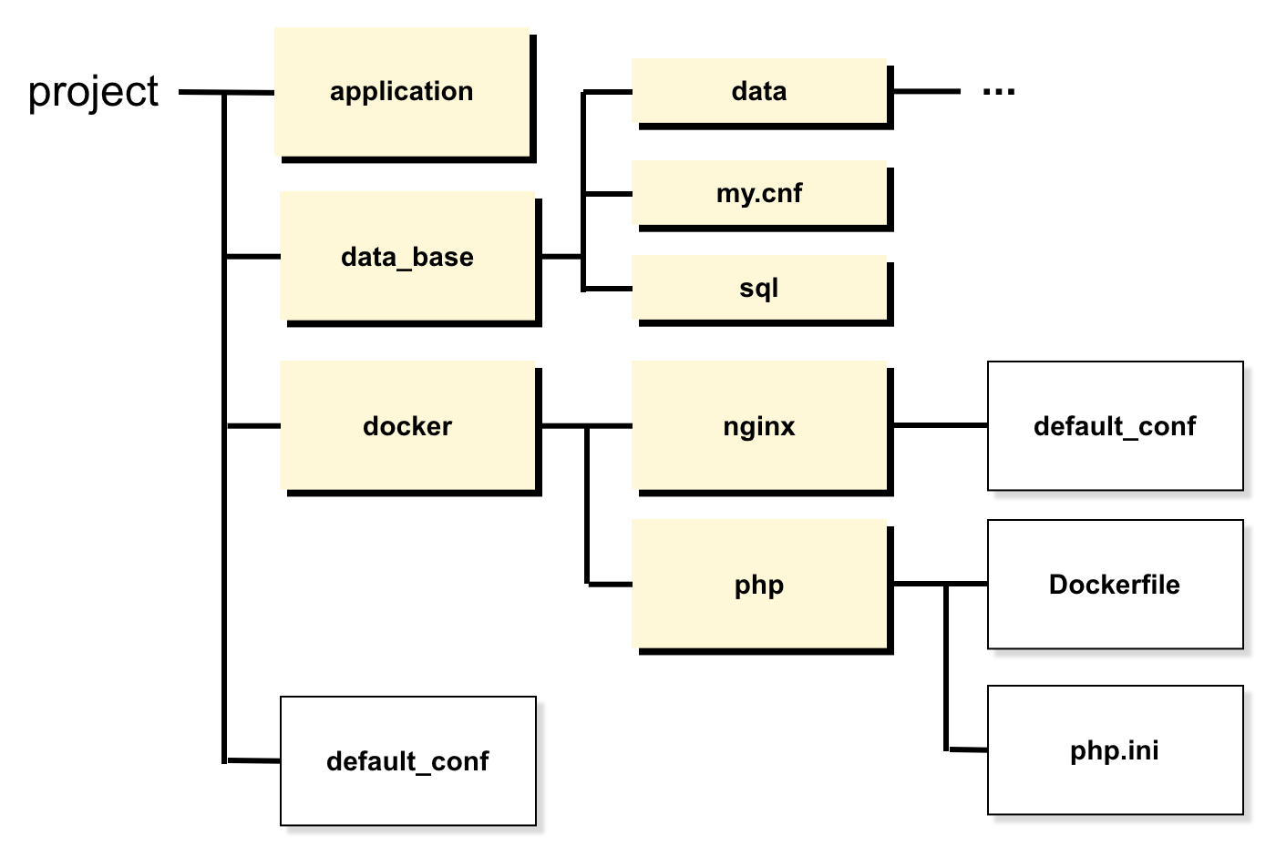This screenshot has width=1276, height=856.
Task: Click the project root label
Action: click(x=93, y=92)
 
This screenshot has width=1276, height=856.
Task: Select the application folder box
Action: click(x=402, y=92)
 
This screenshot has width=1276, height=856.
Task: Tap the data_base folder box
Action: click(x=407, y=257)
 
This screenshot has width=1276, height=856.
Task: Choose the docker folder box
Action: click(x=407, y=426)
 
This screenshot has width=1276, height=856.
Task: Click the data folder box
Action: click(x=759, y=91)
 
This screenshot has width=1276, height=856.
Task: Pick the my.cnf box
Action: click(x=759, y=193)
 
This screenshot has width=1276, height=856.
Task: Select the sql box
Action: click(x=759, y=289)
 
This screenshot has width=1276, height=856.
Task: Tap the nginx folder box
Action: click(x=759, y=426)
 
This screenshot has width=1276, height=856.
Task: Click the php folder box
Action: click(x=759, y=585)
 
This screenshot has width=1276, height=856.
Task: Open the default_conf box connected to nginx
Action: click(x=1115, y=426)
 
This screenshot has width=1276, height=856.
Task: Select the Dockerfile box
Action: click(x=1115, y=585)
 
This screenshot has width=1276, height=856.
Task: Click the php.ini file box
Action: click(x=1115, y=750)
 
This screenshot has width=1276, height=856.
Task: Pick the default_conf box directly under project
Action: click(x=407, y=761)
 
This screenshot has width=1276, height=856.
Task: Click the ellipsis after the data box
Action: click(x=999, y=91)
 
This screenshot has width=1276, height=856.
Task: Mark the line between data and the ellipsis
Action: click(x=926, y=91)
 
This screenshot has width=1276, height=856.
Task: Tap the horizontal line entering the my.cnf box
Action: click(x=608, y=194)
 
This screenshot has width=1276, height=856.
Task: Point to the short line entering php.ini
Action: click(x=968, y=750)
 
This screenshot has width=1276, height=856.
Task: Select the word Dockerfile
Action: click(x=1115, y=585)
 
